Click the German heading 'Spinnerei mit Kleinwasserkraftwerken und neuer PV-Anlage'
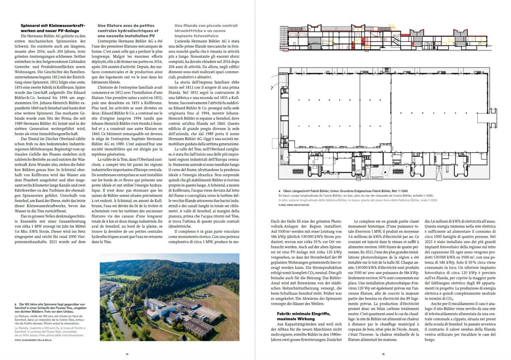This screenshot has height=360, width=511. point(53,28)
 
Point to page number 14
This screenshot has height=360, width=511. point(127,354)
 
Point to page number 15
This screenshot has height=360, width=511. point(383,354)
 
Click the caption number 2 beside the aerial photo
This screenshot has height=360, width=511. point(15,305)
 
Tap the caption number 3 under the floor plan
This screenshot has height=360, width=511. point(280,191)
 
